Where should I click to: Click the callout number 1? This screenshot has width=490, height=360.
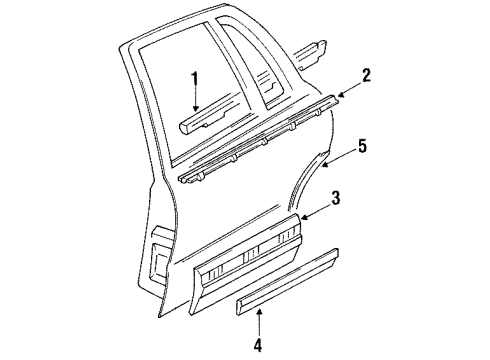(x=196, y=78)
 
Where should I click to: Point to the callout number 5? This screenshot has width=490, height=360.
(x=363, y=147)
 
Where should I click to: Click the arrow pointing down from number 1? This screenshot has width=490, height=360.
(x=196, y=100)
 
